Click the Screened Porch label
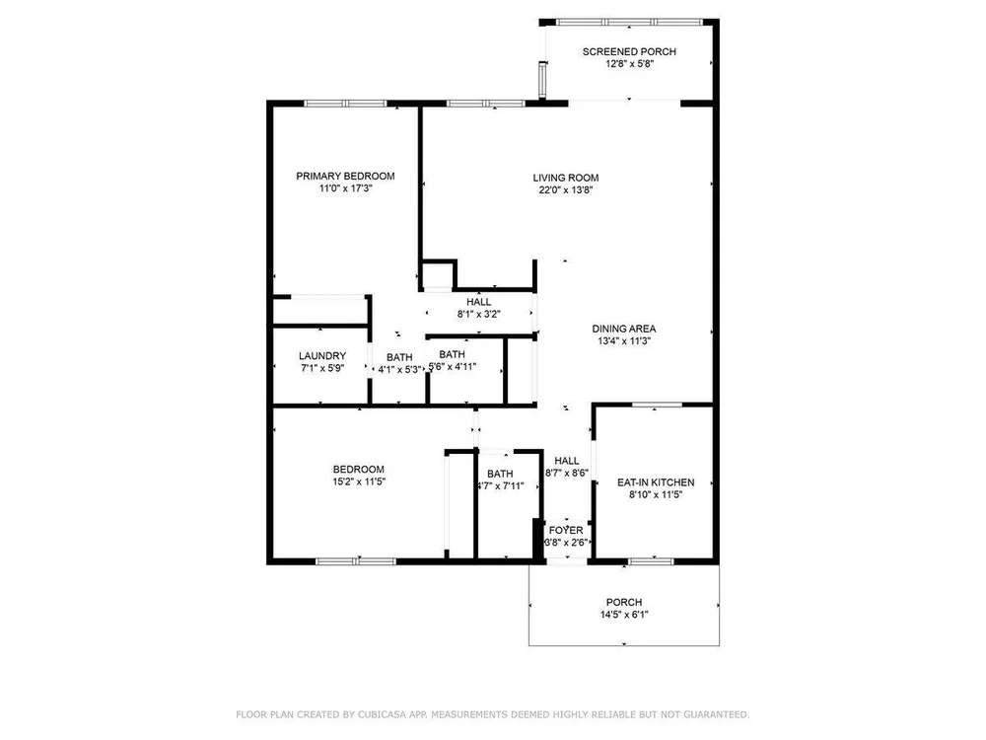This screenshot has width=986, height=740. click(629, 51)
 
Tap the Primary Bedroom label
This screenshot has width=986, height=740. click(345, 177)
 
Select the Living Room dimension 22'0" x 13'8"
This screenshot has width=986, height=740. click(565, 190)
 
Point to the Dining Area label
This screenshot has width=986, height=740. click(624, 329)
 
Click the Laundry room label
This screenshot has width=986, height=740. click(322, 356)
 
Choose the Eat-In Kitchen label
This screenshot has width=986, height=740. click(656, 482)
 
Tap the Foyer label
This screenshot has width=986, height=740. click(566, 531)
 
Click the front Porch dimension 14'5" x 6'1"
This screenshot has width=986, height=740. click(624, 615)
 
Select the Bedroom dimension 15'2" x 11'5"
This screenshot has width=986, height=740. click(359, 482)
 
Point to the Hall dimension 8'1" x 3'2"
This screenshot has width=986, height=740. click(478, 314)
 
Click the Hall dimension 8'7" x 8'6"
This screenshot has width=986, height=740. click(567, 474)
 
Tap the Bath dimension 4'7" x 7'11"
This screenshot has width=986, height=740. click(500, 486)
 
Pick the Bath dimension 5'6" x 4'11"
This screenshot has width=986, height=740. click(453, 367)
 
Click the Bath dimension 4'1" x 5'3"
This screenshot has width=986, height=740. click(399, 370)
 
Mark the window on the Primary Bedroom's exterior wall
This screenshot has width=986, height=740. click(344, 104)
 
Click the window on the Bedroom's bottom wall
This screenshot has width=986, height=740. click(356, 561)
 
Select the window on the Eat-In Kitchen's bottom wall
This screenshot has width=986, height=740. click(651, 561)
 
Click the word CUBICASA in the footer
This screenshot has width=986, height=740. click(380, 714)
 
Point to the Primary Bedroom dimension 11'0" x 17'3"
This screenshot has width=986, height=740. click(345, 188)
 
